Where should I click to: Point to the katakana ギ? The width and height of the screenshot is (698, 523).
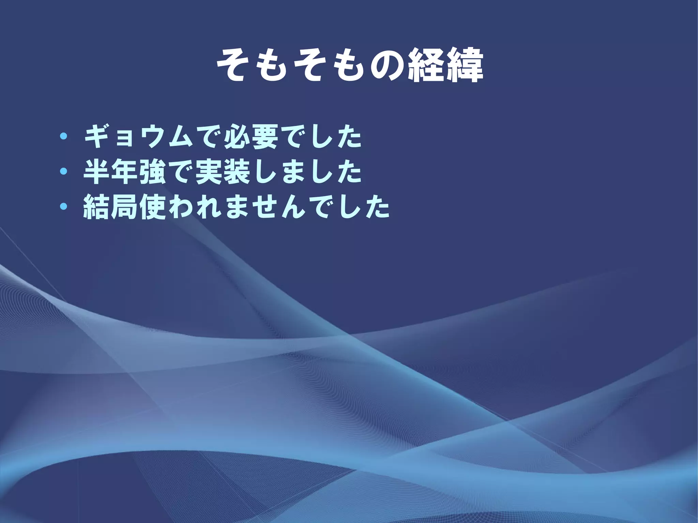tap(97, 137)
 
